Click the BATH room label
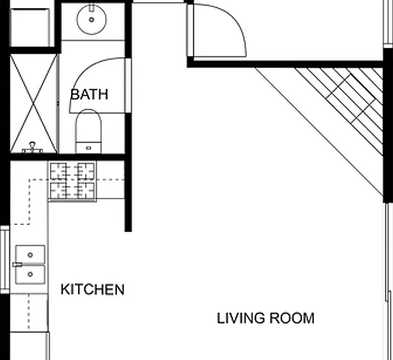tap(89, 94)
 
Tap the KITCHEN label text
tap(92, 289)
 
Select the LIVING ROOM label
tap(266, 318)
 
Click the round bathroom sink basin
tap(91, 19)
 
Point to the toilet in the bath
tap(89, 131)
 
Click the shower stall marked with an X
tap(33, 103)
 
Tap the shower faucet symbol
tap(32, 148)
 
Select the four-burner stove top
tap(72, 181)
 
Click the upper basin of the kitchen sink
tap(31, 255)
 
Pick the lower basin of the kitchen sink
tap(31, 274)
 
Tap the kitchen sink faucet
tap(17, 264)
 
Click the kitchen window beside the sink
tap(5, 259)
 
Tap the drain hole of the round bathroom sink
tap(91, 19)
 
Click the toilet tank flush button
tap(89, 148)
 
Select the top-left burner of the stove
tap(58, 171)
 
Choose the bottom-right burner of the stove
tap(86, 191)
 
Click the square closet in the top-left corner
tap(30, 27)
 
